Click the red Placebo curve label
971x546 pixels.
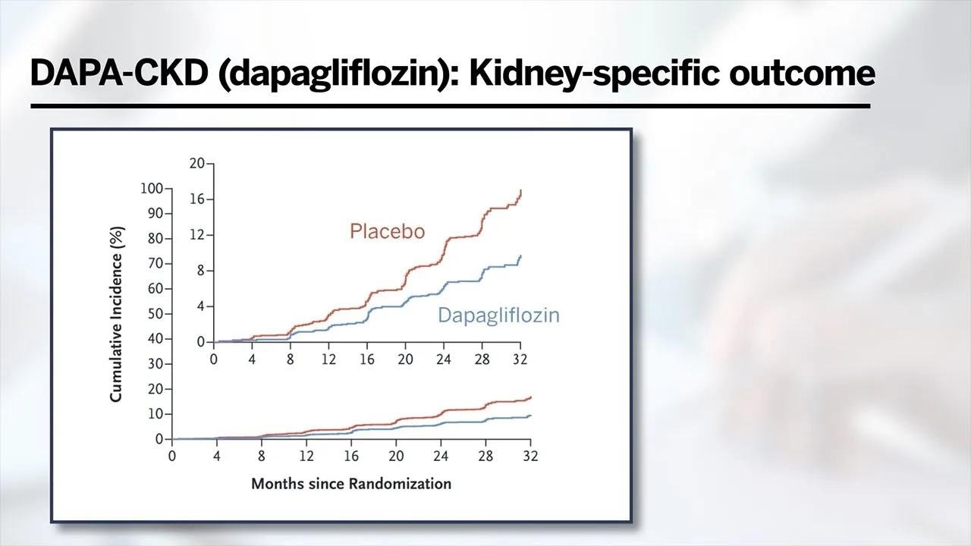(x=387, y=231)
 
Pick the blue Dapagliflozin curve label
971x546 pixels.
(x=498, y=315)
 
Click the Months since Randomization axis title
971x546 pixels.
(x=350, y=483)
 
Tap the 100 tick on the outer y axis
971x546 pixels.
(x=152, y=188)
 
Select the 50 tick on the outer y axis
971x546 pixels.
(x=155, y=313)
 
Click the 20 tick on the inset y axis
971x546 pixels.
(x=196, y=163)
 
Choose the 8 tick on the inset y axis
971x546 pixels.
(x=200, y=271)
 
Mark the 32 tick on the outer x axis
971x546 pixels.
(x=529, y=457)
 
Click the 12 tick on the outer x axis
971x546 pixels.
(x=306, y=457)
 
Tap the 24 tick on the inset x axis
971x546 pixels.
(x=443, y=359)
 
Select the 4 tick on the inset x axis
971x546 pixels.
(x=252, y=359)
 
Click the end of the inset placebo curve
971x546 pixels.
(x=520, y=191)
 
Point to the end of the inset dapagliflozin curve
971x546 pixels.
(x=520, y=256)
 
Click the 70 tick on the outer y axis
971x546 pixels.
(x=155, y=263)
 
